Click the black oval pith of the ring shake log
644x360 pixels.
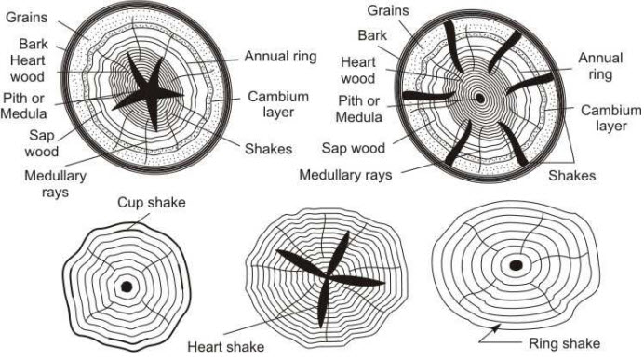pos(516,265)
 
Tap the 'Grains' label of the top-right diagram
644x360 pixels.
pos(390,11)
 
